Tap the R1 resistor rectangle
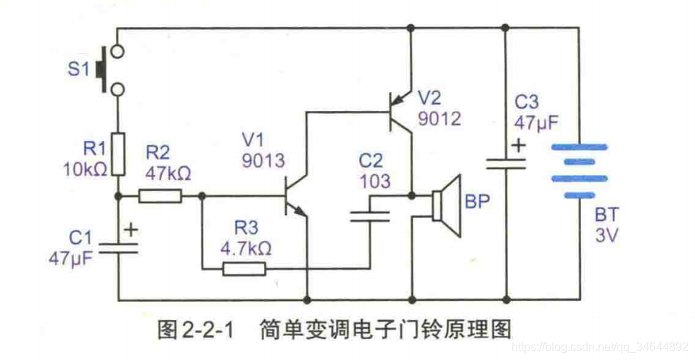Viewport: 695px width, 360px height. [118, 153]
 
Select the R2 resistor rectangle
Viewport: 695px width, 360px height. [160, 195]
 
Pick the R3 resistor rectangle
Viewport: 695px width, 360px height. [244, 269]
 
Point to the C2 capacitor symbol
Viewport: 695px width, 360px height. [369, 214]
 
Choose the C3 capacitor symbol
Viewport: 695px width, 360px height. [506, 163]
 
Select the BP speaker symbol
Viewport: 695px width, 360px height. [445, 206]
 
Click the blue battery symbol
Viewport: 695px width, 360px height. [578, 171]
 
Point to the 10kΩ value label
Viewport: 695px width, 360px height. [86, 168]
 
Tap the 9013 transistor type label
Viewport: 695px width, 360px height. [264, 161]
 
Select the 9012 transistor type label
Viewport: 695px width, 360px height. [439, 118]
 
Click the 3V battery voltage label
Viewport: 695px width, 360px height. [606, 236]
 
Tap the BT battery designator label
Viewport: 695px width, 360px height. [606, 216]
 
